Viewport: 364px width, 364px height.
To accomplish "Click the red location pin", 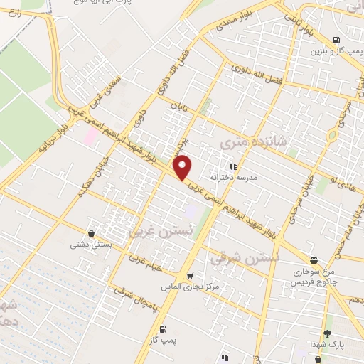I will (183, 167).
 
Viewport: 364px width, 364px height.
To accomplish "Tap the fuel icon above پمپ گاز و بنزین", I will (336, 41).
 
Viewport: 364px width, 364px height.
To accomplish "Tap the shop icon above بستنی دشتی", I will (91, 233).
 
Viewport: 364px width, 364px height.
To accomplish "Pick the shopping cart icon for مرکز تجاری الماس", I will (189, 275).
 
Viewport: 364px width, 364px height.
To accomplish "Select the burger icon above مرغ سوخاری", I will (314, 260).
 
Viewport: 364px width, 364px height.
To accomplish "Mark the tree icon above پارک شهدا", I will (326, 333).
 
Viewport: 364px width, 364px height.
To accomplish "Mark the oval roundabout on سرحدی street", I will (332, 135).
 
